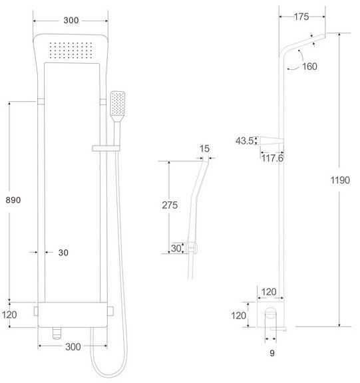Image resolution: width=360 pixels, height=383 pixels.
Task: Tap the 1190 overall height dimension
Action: tap(340, 178)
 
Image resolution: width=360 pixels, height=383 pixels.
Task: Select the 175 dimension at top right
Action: tap(302, 17)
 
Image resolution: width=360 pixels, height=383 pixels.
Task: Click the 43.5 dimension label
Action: tap(245, 140)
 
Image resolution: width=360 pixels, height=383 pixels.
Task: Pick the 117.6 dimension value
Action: tap(271, 158)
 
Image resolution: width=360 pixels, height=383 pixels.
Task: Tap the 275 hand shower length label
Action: tap(170, 205)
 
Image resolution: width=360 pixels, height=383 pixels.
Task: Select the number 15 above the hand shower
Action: tap(205, 150)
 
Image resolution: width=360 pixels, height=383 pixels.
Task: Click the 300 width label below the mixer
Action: tap(73, 347)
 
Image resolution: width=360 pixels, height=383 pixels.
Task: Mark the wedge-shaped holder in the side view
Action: tap(272, 140)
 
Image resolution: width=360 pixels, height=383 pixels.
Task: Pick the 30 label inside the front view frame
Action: tap(63, 253)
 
